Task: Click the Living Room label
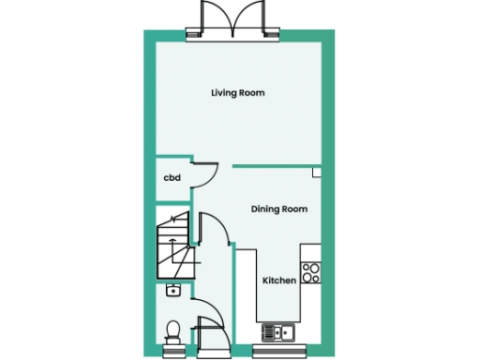point(237,93)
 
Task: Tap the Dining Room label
point(278,209)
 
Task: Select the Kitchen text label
point(278,281)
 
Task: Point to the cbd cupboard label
point(172,178)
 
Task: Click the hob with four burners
point(311,273)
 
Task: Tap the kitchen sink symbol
point(278,331)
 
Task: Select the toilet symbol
point(172,328)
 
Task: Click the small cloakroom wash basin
point(172,291)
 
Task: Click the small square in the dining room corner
point(317,172)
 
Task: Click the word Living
point(223,93)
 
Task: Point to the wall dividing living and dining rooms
point(272,166)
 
